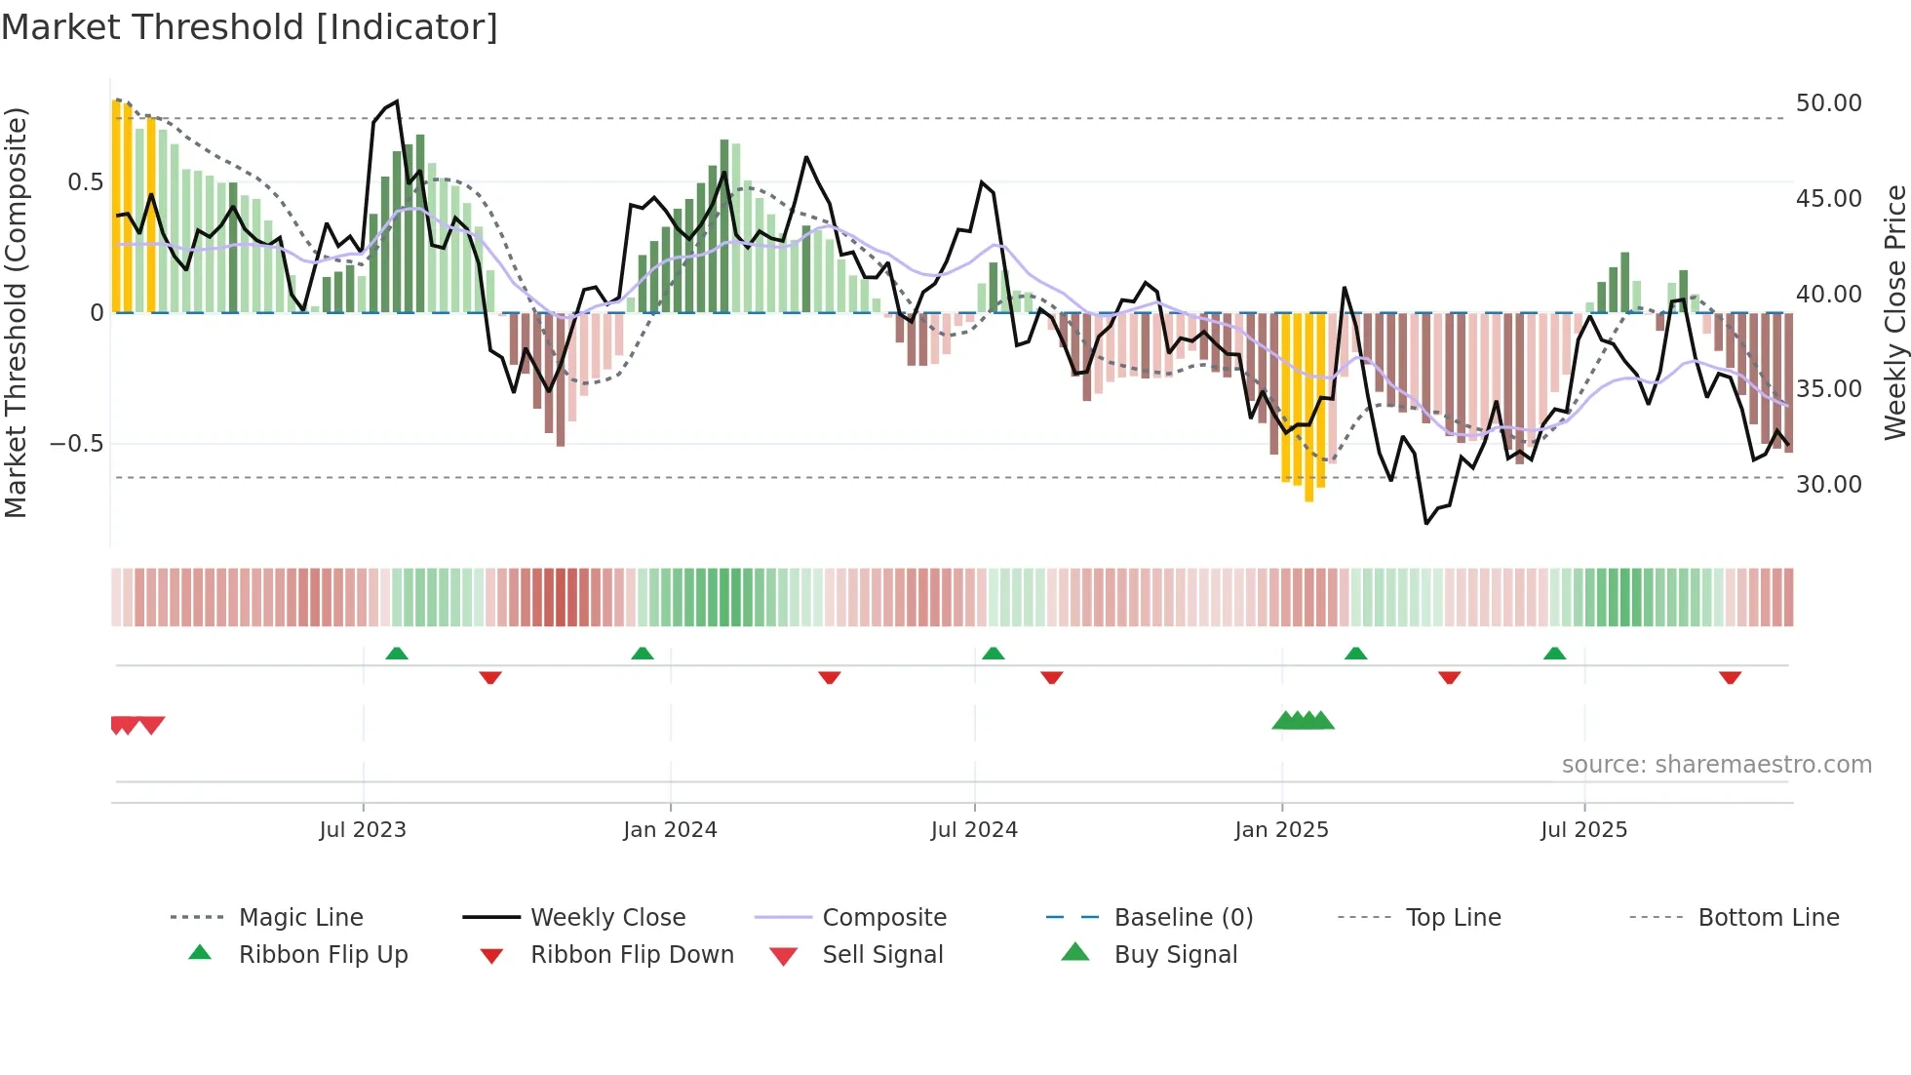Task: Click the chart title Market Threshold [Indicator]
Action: tap(250, 27)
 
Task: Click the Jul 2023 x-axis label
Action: tap(363, 830)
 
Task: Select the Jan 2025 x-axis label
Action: tap(1281, 830)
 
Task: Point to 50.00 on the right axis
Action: tap(1828, 103)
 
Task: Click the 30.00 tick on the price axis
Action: tap(1828, 485)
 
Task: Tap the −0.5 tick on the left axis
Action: tap(76, 444)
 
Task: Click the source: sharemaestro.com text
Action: tap(1716, 765)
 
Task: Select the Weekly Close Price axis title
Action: tap(1894, 312)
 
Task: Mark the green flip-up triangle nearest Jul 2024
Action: tap(993, 654)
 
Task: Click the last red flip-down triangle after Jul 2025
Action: tap(1730, 677)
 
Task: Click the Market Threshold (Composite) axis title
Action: tap(16, 312)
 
